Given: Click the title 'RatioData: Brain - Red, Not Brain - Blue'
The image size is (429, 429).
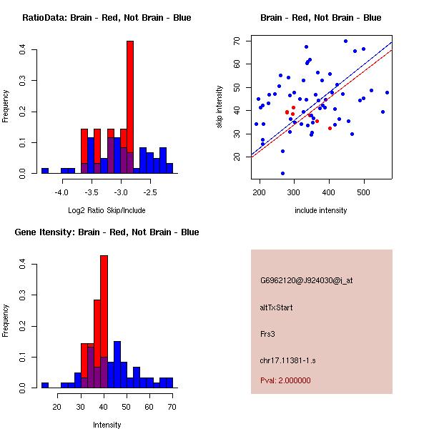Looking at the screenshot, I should click(107, 18).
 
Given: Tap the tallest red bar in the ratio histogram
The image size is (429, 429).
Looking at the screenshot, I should click(130, 107).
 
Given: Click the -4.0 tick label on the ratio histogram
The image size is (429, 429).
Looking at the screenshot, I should click(61, 192).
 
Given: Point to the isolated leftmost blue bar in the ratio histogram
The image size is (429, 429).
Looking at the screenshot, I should click(44, 171).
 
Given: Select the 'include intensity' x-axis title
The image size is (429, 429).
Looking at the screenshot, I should click(321, 210).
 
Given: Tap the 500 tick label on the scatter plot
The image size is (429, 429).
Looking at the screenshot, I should click(364, 192).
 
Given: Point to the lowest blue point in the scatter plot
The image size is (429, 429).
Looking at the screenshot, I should click(282, 173).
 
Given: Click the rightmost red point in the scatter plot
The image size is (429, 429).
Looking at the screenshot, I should click(330, 128).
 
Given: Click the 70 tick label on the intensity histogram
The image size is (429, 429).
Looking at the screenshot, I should click(171, 407).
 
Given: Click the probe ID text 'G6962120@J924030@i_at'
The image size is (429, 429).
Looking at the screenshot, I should click(306, 280).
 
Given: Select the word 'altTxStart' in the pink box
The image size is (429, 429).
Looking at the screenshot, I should click(276, 307).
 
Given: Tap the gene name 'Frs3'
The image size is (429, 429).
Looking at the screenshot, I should click(267, 333).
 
